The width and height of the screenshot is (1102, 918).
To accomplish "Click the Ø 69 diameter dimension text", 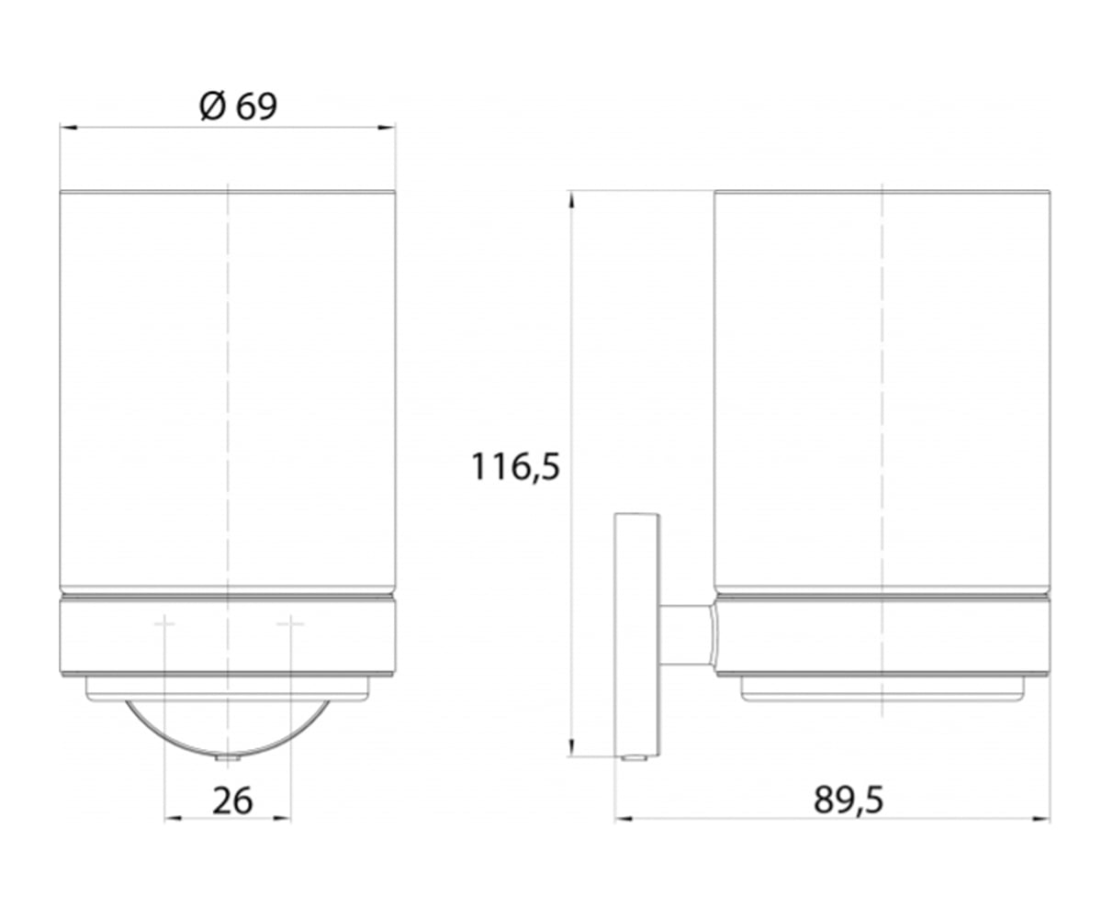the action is (238, 106).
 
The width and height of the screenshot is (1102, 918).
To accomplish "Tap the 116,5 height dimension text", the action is (514, 467).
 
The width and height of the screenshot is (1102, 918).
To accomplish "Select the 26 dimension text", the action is (232, 800).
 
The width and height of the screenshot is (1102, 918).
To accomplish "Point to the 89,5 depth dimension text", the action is (849, 800).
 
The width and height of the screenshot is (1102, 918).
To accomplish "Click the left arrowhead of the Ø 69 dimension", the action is (69, 128).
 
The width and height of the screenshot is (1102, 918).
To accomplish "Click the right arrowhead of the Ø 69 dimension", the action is (387, 128).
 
